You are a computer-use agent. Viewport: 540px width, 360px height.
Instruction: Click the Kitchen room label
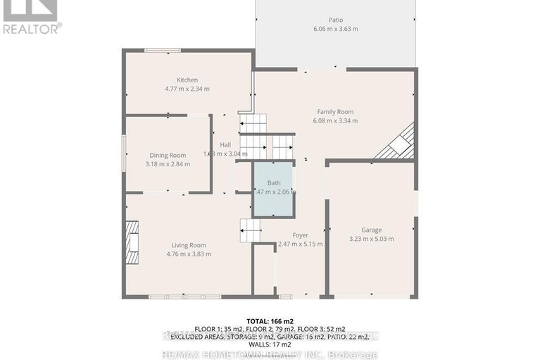point(187,80)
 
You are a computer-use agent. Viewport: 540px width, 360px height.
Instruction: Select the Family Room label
point(334,111)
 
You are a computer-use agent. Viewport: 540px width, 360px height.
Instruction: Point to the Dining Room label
point(168,155)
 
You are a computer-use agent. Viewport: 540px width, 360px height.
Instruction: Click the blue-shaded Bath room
point(273,189)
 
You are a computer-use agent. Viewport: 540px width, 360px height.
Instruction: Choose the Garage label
point(371,230)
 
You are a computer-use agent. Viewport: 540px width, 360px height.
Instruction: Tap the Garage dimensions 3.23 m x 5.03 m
point(371,239)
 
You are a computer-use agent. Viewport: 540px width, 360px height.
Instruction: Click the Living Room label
point(189,244)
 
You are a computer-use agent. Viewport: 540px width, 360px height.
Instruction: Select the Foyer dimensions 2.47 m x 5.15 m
point(300,244)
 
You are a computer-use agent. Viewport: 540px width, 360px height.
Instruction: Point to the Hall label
point(225,144)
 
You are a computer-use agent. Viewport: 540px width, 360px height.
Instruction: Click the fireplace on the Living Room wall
point(132,242)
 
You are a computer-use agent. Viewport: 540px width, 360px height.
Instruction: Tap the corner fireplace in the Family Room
point(397,144)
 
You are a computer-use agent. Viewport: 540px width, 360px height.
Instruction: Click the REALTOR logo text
point(32,29)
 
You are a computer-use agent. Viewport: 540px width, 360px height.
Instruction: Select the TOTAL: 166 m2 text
point(270,321)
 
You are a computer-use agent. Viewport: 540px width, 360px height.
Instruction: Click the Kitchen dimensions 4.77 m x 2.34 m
point(187,89)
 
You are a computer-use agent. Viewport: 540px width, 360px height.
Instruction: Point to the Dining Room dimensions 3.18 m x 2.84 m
point(168,164)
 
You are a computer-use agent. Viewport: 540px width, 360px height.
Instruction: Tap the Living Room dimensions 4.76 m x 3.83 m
point(189,254)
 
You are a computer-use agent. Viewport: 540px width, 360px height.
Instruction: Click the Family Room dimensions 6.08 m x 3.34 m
point(334,120)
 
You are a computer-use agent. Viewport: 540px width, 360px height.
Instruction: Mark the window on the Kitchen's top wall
point(162,49)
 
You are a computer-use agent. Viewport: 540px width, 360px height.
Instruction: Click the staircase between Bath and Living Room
point(250,230)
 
